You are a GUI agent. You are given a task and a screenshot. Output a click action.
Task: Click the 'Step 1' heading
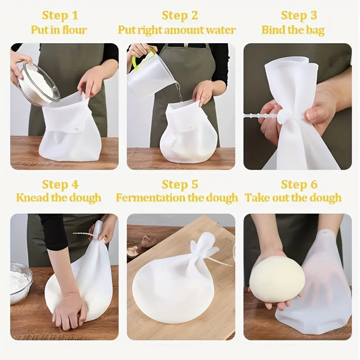click(x=60, y=15)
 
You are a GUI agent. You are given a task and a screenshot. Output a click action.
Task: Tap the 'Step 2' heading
click(x=180, y=15)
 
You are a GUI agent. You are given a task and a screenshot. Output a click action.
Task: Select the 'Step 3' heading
click(x=299, y=15)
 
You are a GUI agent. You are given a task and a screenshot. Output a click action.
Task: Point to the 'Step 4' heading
click(x=60, y=184)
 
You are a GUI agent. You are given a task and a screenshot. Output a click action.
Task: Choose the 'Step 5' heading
click(x=180, y=184)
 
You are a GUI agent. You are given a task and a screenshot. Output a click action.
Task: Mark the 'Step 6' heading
click(x=299, y=184)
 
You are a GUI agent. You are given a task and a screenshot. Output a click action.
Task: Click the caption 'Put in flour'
click(x=58, y=30)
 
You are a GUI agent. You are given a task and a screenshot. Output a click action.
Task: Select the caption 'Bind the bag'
click(x=293, y=30)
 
